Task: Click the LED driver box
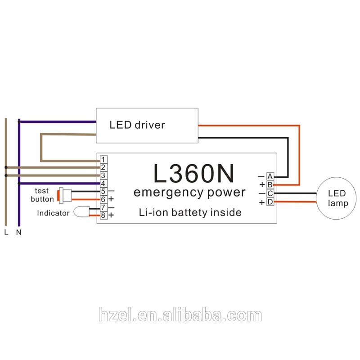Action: point(147,125)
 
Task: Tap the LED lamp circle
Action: point(337,198)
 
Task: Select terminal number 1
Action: point(103,160)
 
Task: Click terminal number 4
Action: point(103,183)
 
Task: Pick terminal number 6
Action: point(103,199)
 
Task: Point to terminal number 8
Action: point(103,215)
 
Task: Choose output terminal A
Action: point(270,176)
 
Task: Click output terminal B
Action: point(270,184)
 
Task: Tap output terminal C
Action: point(270,193)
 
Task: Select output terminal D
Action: point(270,202)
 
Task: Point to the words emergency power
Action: point(189,193)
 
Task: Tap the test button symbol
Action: point(65,195)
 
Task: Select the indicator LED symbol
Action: point(81,211)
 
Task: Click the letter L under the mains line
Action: point(5,233)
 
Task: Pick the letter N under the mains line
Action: point(18,233)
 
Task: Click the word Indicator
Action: point(53,213)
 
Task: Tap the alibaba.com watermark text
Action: point(180,315)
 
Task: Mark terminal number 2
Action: point(103,167)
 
